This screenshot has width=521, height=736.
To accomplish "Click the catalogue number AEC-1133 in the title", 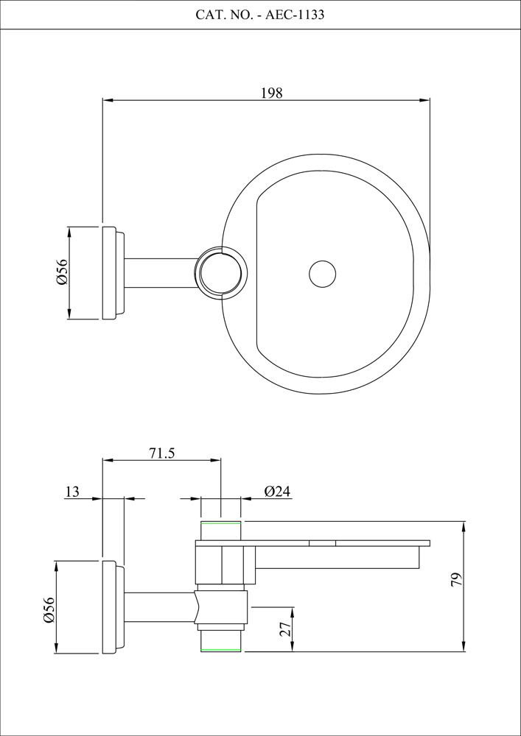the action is pos(295,15).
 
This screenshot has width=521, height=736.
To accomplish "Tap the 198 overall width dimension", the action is pos(271,93).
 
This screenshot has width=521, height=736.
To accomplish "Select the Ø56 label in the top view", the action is pos(62,273).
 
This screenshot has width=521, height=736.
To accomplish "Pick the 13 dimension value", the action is pos(72,492).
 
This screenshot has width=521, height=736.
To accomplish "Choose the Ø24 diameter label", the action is pos(278,492).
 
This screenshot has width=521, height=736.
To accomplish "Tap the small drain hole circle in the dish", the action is pos(322,274).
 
